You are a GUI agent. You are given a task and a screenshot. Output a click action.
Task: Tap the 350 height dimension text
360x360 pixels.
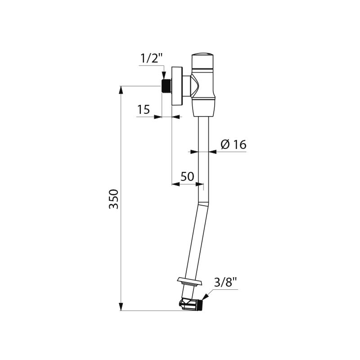pyautogui.click(x=114, y=199)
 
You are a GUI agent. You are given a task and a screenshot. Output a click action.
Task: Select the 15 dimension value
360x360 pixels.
pyautogui.click(x=144, y=109)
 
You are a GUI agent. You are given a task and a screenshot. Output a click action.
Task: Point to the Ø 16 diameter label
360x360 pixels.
pyautogui.click(x=234, y=144)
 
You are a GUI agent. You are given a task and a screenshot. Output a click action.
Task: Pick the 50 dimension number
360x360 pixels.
pyautogui.click(x=187, y=176)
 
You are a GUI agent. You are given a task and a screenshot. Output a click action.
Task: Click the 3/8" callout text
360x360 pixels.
pyautogui.click(x=225, y=283)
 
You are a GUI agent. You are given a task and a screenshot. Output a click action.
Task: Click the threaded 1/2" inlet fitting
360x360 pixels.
pyautogui.click(x=166, y=86)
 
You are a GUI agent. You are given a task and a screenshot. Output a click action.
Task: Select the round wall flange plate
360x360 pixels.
pyautogui.click(x=177, y=86)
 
